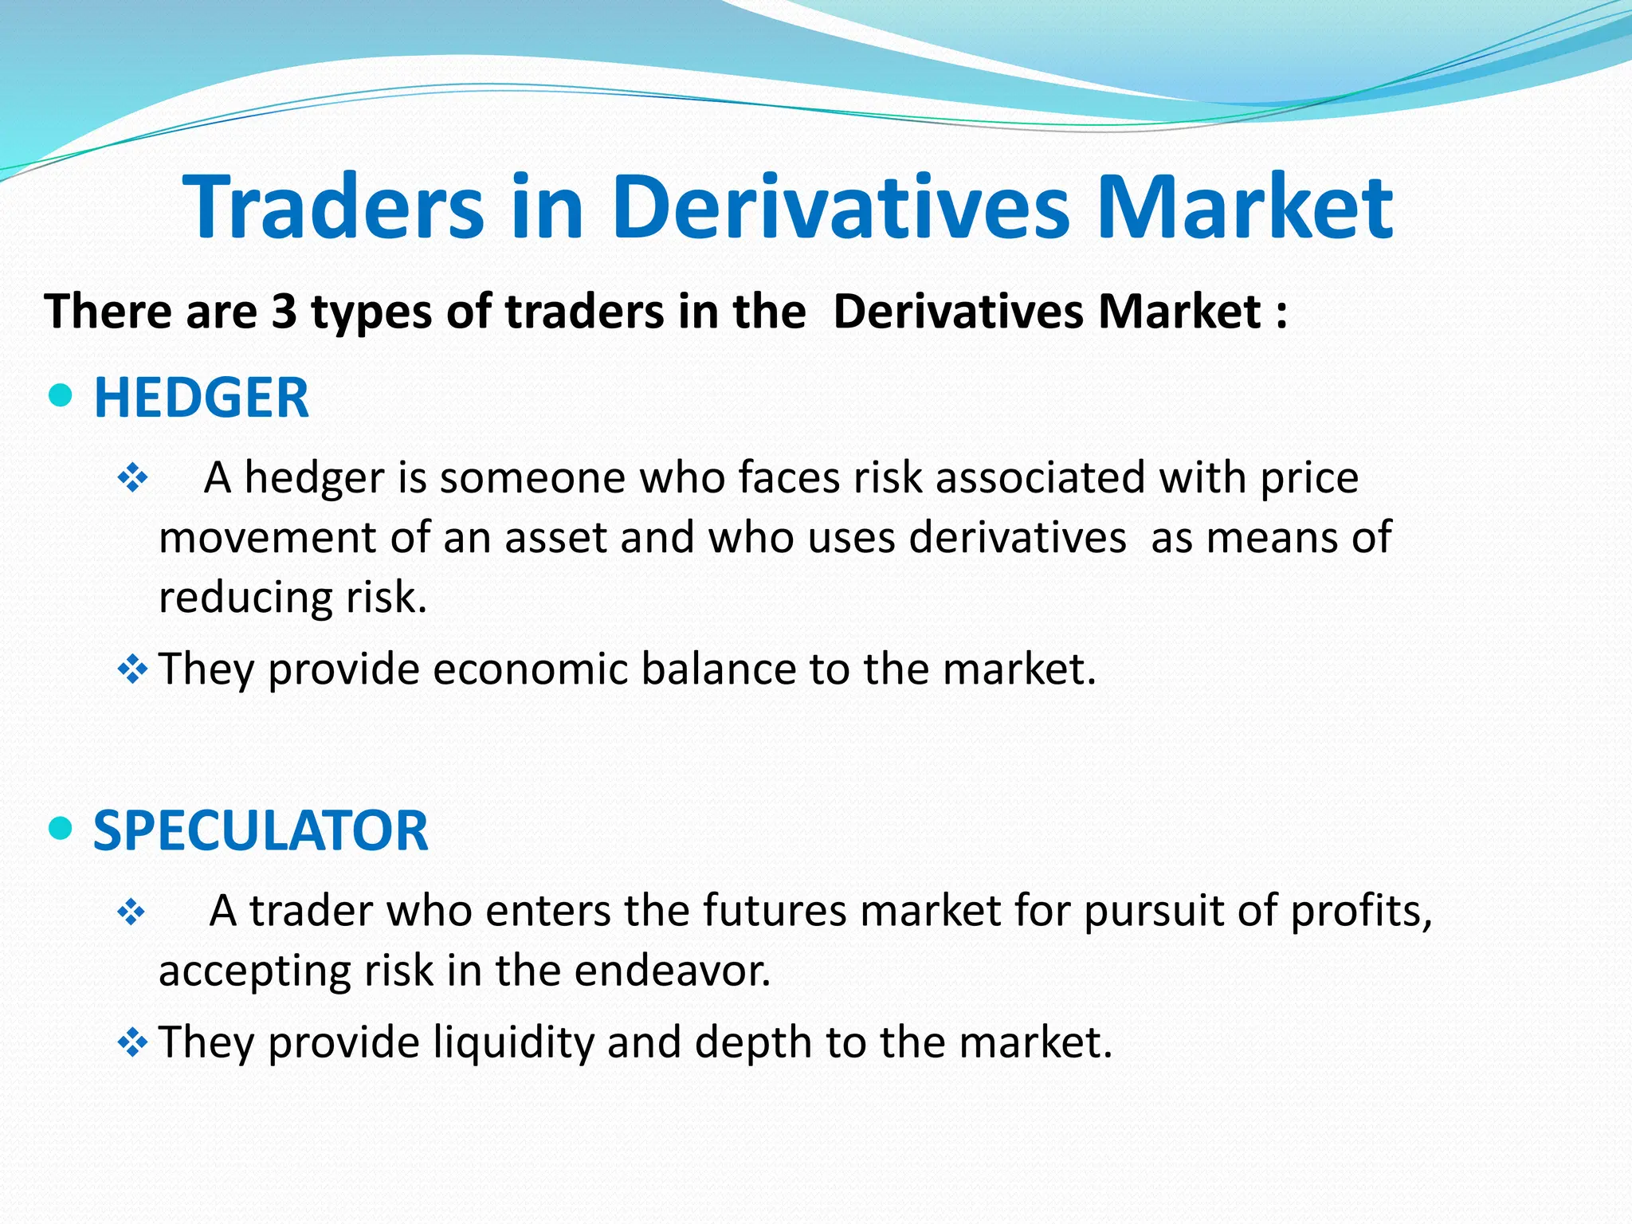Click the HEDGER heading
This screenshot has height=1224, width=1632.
tap(201, 398)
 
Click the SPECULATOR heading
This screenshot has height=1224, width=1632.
tap(261, 830)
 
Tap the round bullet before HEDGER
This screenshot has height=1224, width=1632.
tap(61, 395)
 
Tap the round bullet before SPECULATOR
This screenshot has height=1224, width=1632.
tap(61, 829)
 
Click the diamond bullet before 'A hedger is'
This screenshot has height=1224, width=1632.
tap(132, 478)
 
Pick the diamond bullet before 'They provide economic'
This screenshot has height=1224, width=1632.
tap(132, 669)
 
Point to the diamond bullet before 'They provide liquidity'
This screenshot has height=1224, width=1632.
tap(132, 1042)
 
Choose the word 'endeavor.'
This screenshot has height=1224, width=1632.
tap(673, 971)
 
